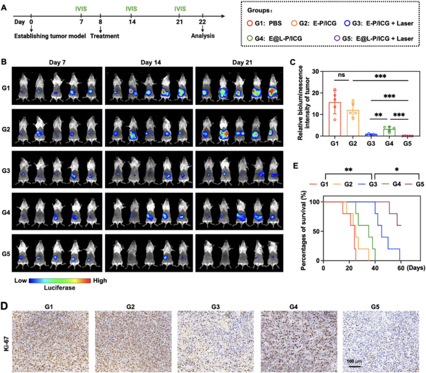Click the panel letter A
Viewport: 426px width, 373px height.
tap(5, 6)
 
